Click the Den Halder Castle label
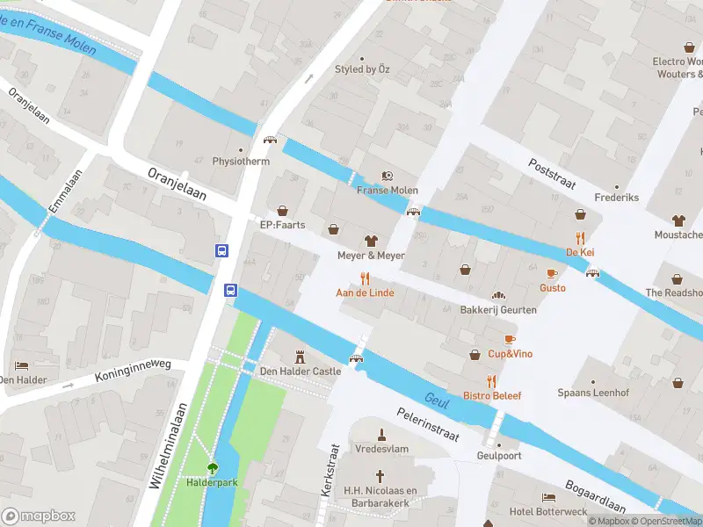(x=301, y=372)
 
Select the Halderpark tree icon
(x=212, y=468)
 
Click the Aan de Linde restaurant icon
(x=365, y=278)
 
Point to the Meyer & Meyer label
(x=371, y=256)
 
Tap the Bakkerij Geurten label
(x=498, y=310)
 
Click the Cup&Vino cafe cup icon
(x=510, y=339)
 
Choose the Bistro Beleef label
(x=492, y=395)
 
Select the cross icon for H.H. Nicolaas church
(x=380, y=475)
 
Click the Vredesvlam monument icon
(x=381, y=433)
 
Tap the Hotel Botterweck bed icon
(x=548, y=496)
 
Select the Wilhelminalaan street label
(x=169, y=445)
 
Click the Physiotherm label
(x=241, y=162)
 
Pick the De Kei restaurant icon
(x=580, y=237)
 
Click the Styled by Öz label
(x=361, y=69)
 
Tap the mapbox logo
(x=39, y=516)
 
